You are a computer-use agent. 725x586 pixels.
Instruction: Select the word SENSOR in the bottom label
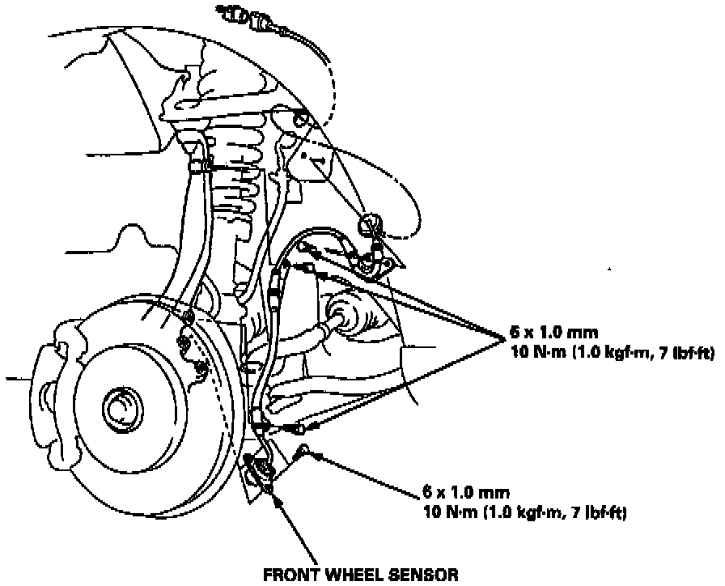click(421, 575)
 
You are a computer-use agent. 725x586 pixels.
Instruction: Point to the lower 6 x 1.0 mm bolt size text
click(458, 492)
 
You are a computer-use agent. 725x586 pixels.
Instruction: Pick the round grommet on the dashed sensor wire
click(371, 221)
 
